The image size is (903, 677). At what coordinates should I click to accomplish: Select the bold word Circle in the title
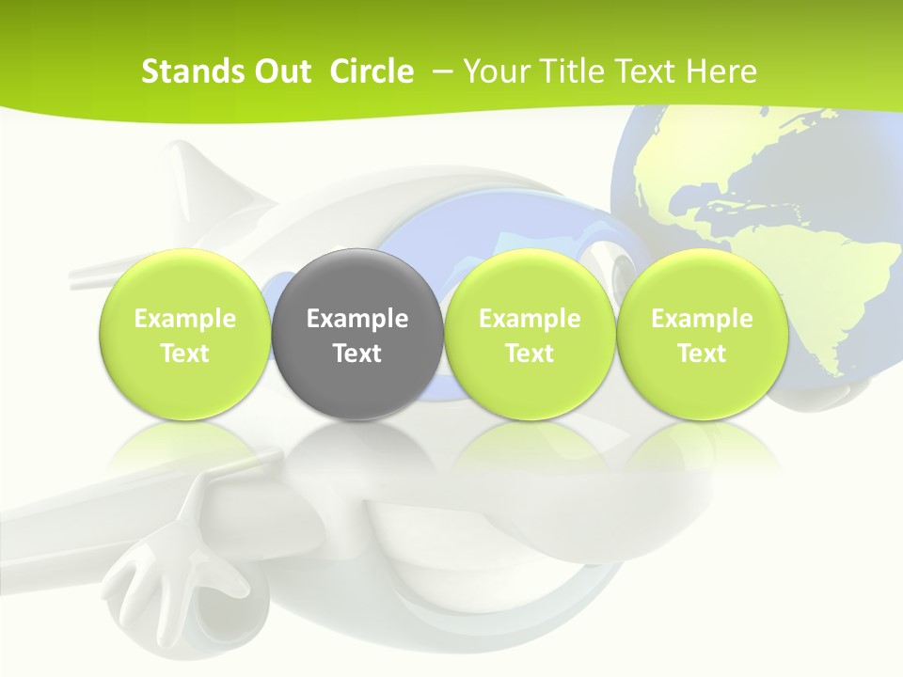coord(372,71)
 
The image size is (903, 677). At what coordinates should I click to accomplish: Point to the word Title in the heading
coord(565,71)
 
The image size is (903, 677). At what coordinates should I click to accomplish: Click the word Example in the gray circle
coord(357,319)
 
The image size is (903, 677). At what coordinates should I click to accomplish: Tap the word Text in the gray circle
coord(357,354)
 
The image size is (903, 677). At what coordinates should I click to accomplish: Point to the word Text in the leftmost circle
coord(185,354)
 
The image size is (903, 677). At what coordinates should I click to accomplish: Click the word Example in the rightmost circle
coord(702,319)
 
